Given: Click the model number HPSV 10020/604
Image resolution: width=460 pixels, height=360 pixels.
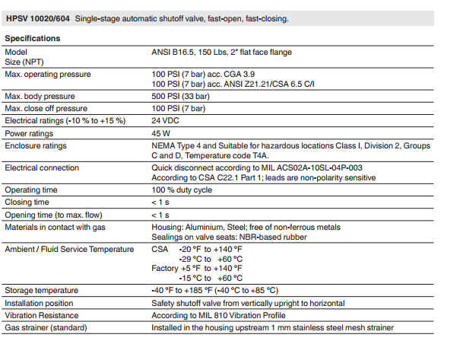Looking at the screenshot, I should click(36, 17).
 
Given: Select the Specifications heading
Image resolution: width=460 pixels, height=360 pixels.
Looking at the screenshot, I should click(33, 38).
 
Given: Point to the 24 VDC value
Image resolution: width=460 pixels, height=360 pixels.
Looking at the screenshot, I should click(166, 120).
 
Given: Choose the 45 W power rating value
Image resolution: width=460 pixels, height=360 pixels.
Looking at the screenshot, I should click(162, 132).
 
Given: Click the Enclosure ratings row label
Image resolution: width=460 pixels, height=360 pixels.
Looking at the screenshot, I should click(36, 145).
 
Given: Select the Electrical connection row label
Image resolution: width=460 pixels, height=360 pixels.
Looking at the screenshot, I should click(42, 167).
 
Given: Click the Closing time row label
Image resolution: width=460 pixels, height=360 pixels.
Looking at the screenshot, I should click(27, 202).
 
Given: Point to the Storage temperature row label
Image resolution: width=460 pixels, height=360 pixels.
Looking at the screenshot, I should click(42, 291).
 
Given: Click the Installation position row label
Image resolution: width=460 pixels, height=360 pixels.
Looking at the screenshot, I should click(40, 303).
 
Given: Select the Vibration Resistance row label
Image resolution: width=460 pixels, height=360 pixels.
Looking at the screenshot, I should click(42, 315).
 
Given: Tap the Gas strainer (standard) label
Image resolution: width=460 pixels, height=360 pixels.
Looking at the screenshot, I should click(46, 327).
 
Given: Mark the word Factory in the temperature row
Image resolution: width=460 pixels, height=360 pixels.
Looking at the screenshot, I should click(165, 268).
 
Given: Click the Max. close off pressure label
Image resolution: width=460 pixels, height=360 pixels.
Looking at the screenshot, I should click(46, 109).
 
